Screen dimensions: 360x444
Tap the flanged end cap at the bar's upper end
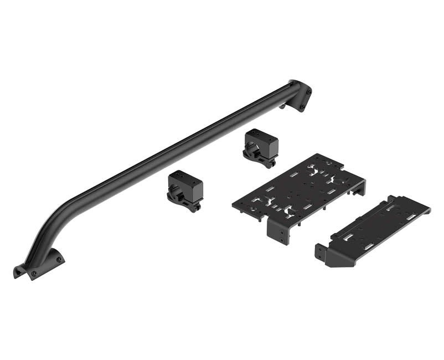coord(301,96)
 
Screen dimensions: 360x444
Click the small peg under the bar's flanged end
coord(283,105)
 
